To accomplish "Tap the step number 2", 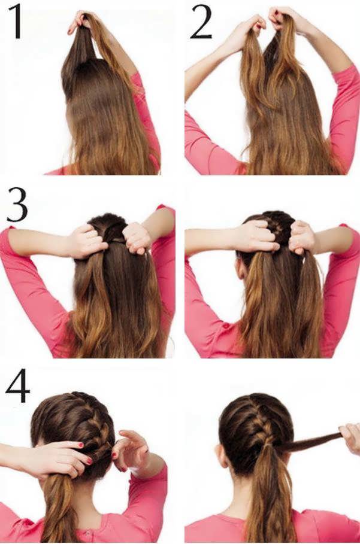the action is pos(201,22).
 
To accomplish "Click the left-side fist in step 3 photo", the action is pos(89,242).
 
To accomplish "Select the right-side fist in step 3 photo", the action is pos(138,238).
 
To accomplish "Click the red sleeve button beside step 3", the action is pos(226,326).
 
